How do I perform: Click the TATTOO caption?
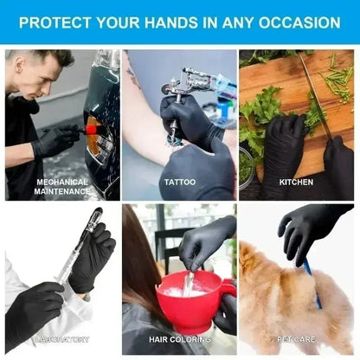coord(179,182)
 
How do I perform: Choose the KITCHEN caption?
coord(296,182)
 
